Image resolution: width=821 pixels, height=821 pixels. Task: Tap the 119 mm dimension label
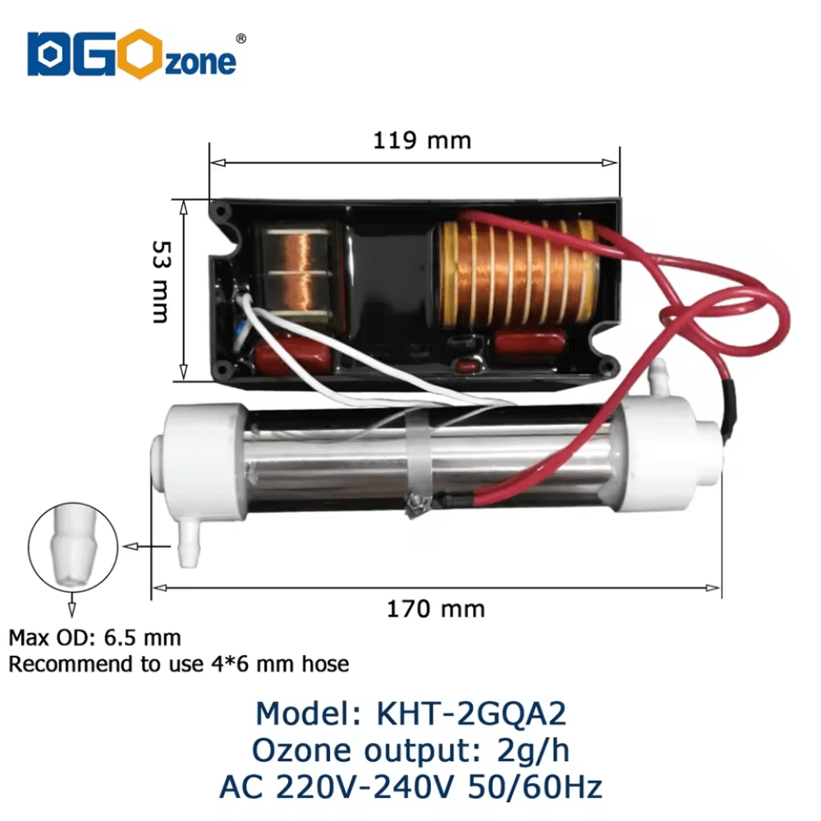[x=422, y=140]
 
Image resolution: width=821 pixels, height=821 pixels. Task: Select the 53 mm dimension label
[x=161, y=282]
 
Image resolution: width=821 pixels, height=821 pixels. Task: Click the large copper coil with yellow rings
[x=517, y=273]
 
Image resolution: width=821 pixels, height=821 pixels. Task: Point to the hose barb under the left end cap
[x=189, y=545]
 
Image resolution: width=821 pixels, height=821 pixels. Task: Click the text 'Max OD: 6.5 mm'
[x=94, y=638]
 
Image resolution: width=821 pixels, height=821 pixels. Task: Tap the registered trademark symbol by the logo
[x=241, y=38]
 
